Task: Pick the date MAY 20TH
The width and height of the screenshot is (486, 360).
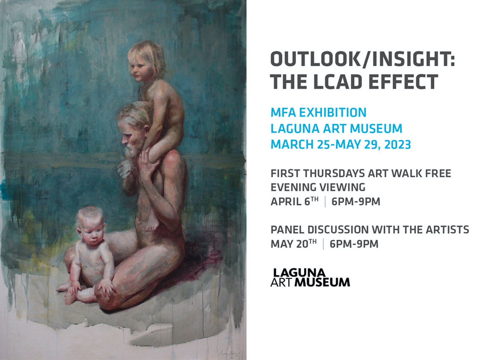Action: pos(294,244)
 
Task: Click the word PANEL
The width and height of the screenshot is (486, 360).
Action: pos(286,230)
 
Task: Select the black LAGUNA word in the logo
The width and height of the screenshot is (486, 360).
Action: pos(299,273)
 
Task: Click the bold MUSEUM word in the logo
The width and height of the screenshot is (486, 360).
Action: pos(322,282)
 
